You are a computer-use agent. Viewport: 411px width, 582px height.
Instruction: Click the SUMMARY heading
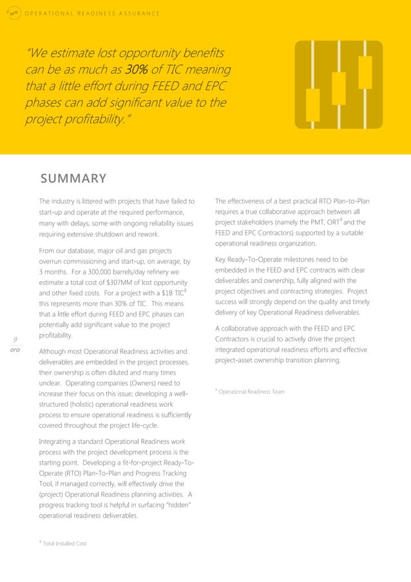[73, 178]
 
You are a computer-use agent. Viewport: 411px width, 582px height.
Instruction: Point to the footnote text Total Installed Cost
[64, 544]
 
